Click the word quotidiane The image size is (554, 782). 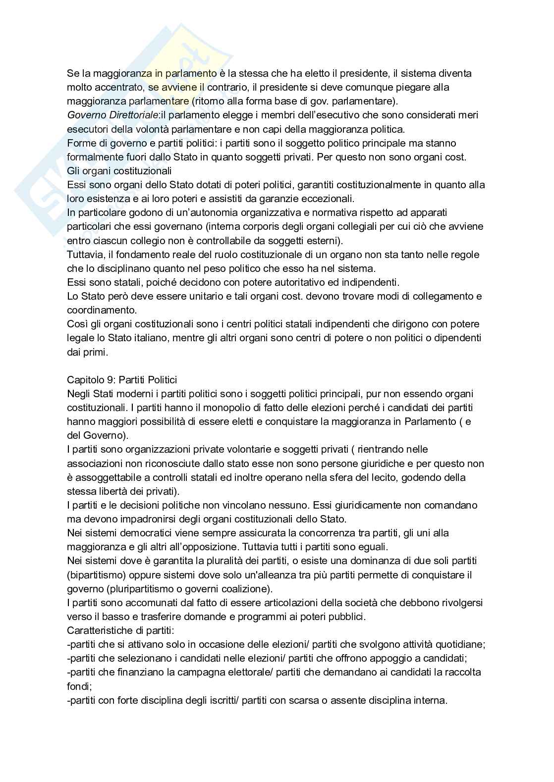[x=459, y=644]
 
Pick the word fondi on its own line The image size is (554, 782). [x=77, y=686]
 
